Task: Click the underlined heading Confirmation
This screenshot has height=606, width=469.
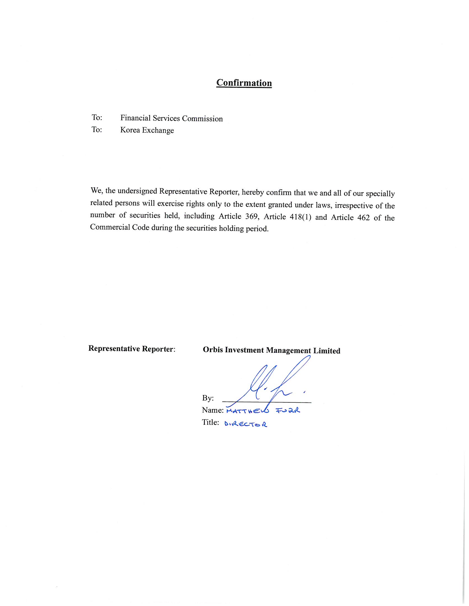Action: [244, 83]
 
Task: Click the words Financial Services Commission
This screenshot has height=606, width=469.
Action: [171, 118]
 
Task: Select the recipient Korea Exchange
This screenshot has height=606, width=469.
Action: [147, 130]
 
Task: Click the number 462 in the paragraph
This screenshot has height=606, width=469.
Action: [363, 218]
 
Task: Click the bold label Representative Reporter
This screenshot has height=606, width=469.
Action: [131, 349]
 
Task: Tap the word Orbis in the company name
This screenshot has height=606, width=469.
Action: [213, 350]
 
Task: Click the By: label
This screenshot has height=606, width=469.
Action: [208, 398]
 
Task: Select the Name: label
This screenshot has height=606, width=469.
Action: [212, 410]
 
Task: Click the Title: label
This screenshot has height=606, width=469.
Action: [210, 422]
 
